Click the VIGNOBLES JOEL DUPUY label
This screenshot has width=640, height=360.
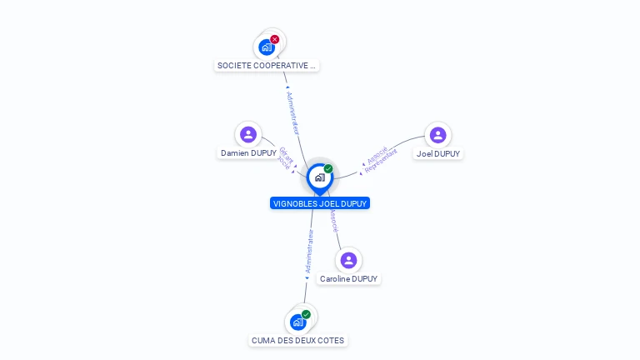click(x=319, y=203)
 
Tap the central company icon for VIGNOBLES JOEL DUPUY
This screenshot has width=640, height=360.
click(x=319, y=177)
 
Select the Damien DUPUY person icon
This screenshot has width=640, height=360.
click(x=248, y=134)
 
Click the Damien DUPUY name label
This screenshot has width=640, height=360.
click(x=248, y=153)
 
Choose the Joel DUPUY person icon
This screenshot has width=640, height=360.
click(x=437, y=135)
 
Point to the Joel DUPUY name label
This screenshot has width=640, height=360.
click(x=438, y=154)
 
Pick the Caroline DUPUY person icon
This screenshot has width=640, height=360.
click(x=349, y=260)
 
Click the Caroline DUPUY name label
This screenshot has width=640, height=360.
click(x=349, y=279)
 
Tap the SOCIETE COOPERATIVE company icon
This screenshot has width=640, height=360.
click(x=267, y=47)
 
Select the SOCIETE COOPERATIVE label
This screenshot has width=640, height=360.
click(x=267, y=65)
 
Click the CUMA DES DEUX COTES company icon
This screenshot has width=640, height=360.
click(x=297, y=322)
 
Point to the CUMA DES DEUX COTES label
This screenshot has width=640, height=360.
click(x=297, y=341)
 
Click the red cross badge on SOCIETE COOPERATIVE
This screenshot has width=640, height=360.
click(x=275, y=39)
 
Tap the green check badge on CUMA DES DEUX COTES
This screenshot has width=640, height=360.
click(x=306, y=314)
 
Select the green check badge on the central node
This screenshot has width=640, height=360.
click(x=328, y=169)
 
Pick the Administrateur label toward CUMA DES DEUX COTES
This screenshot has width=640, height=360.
click(x=310, y=252)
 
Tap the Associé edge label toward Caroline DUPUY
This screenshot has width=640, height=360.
click(x=333, y=219)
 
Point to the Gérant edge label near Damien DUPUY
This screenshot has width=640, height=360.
click(x=283, y=154)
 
